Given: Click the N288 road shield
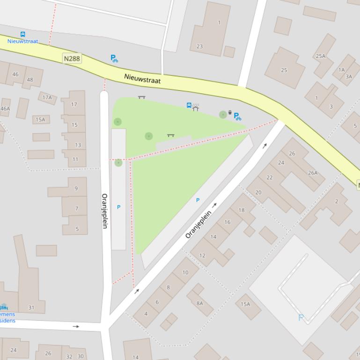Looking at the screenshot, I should [x=72, y=58].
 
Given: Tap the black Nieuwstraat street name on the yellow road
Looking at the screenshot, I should [x=142, y=79].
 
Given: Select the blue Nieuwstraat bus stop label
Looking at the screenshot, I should [x=22, y=41].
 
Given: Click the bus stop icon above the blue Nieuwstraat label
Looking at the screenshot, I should [x=22, y=34].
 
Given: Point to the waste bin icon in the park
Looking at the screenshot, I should [x=230, y=113].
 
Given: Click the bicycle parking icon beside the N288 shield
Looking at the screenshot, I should [x=114, y=58].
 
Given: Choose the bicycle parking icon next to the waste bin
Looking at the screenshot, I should [x=237, y=116].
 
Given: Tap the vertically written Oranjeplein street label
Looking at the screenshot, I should [x=105, y=211].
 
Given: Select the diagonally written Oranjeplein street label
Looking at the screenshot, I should [x=198, y=224].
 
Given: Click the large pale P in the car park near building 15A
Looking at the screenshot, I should [x=301, y=317].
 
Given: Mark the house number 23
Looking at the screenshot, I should [x=199, y=46].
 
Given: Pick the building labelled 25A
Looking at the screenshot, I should [x=320, y=56].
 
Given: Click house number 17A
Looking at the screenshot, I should [x=47, y=98].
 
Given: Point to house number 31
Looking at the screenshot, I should [x=31, y=308].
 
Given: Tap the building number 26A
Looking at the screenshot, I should [x=312, y=173].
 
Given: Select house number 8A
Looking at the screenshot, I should [x=200, y=303].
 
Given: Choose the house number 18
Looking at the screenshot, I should [x=241, y=210].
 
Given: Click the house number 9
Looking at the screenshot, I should [x=76, y=189].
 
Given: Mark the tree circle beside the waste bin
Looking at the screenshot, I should [x=223, y=114].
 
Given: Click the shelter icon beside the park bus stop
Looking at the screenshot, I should [x=196, y=108].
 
